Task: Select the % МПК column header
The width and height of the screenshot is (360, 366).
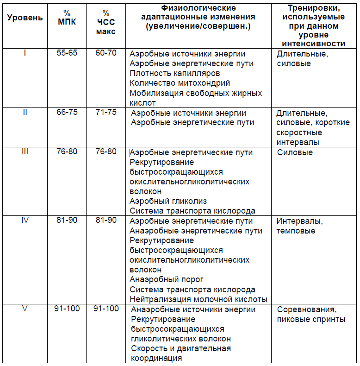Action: (67, 18)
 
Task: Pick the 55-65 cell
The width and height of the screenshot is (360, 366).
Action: (67, 53)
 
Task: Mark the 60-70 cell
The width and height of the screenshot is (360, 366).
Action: (106, 53)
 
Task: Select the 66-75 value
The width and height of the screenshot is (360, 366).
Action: (67, 113)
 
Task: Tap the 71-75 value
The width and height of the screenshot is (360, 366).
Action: (106, 113)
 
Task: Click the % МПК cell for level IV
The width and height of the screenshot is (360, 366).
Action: (67, 220)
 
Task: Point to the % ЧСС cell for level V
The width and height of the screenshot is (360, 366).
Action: (106, 309)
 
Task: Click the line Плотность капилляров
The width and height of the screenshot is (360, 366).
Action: (175, 74)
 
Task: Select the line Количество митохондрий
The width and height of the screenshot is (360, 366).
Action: (180, 83)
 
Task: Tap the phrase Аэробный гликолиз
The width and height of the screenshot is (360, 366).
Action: (168, 201)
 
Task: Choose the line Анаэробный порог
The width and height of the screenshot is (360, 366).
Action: (167, 279)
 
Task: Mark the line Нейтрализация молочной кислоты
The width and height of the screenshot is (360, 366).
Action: (198, 299)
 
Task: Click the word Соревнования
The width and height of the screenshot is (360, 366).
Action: (306, 309)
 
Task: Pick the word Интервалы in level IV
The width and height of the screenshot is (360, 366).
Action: (299, 221)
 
